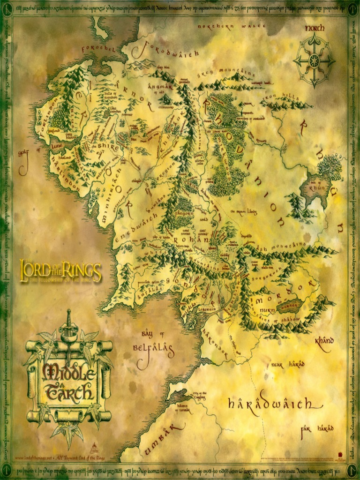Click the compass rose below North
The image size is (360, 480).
pos(314,60)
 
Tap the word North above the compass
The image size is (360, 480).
pos(315,28)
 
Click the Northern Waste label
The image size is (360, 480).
pos(232,27)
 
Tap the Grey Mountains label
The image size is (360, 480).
pos(225,75)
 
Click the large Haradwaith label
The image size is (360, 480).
pos(269,403)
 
